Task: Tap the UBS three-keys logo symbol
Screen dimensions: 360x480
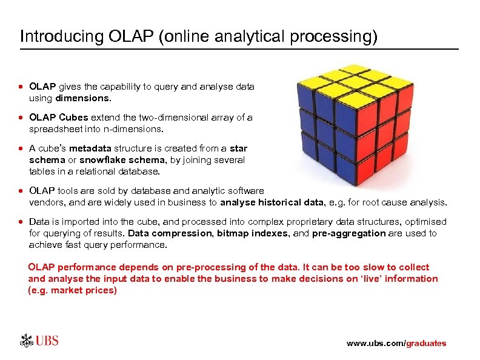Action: click(27, 340)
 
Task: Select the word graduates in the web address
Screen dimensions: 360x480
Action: click(426, 344)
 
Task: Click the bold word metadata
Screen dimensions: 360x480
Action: click(91, 148)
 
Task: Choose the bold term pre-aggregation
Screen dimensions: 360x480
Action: click(348, 233)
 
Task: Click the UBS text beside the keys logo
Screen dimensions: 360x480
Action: click(47, 340)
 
